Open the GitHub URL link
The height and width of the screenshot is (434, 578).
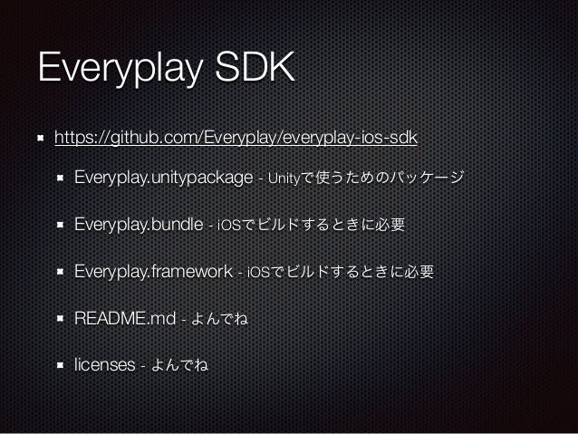point(236,138)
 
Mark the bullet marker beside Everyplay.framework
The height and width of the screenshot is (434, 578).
point(60,272)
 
